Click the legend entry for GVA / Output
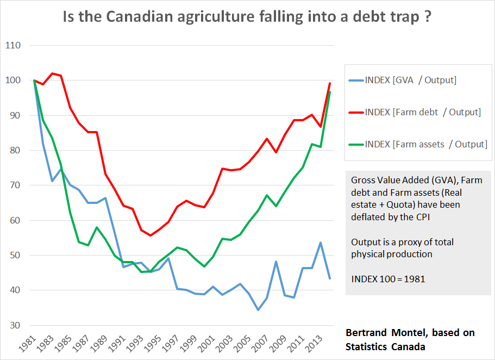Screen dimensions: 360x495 pyautogui.click(x=411, y=80)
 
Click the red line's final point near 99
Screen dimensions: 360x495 pyautogui.click(x=329, y=83)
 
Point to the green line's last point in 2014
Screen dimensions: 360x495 pyautogui.click(x=329, y=92)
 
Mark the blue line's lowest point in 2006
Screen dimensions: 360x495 pyautogui.click(x=258, y=310)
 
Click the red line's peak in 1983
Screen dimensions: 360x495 pyautogui.click(x=52, y=73)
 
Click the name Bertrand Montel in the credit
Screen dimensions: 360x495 pyautogui.click(x=384, y=332)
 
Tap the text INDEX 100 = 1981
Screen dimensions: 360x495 pyautogui.click(x=387, y=278)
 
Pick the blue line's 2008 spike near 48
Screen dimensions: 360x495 pyautogui.click(x=276, y=262)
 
